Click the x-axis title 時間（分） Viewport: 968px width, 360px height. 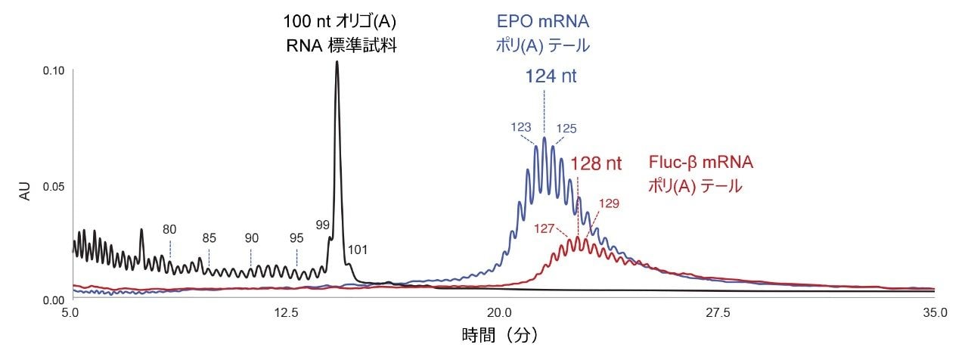pyautogui.click(x=501, y=334)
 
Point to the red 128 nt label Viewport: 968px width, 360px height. pyautogui.click(x=596, y=163)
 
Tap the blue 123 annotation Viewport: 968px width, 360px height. pyautogui.click(x=521, y=128)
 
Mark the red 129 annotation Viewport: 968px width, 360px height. pyautogui.click(x=609, y=203)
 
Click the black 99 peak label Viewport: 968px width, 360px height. pyautogui.click(x=323, y=225)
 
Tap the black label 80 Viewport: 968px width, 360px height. pyautogui.click(x=169, y=228)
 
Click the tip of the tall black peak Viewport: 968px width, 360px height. pyautogui.click(x=337, y=62)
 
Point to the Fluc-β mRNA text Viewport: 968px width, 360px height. pyautogui.click(x=701, y=163)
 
